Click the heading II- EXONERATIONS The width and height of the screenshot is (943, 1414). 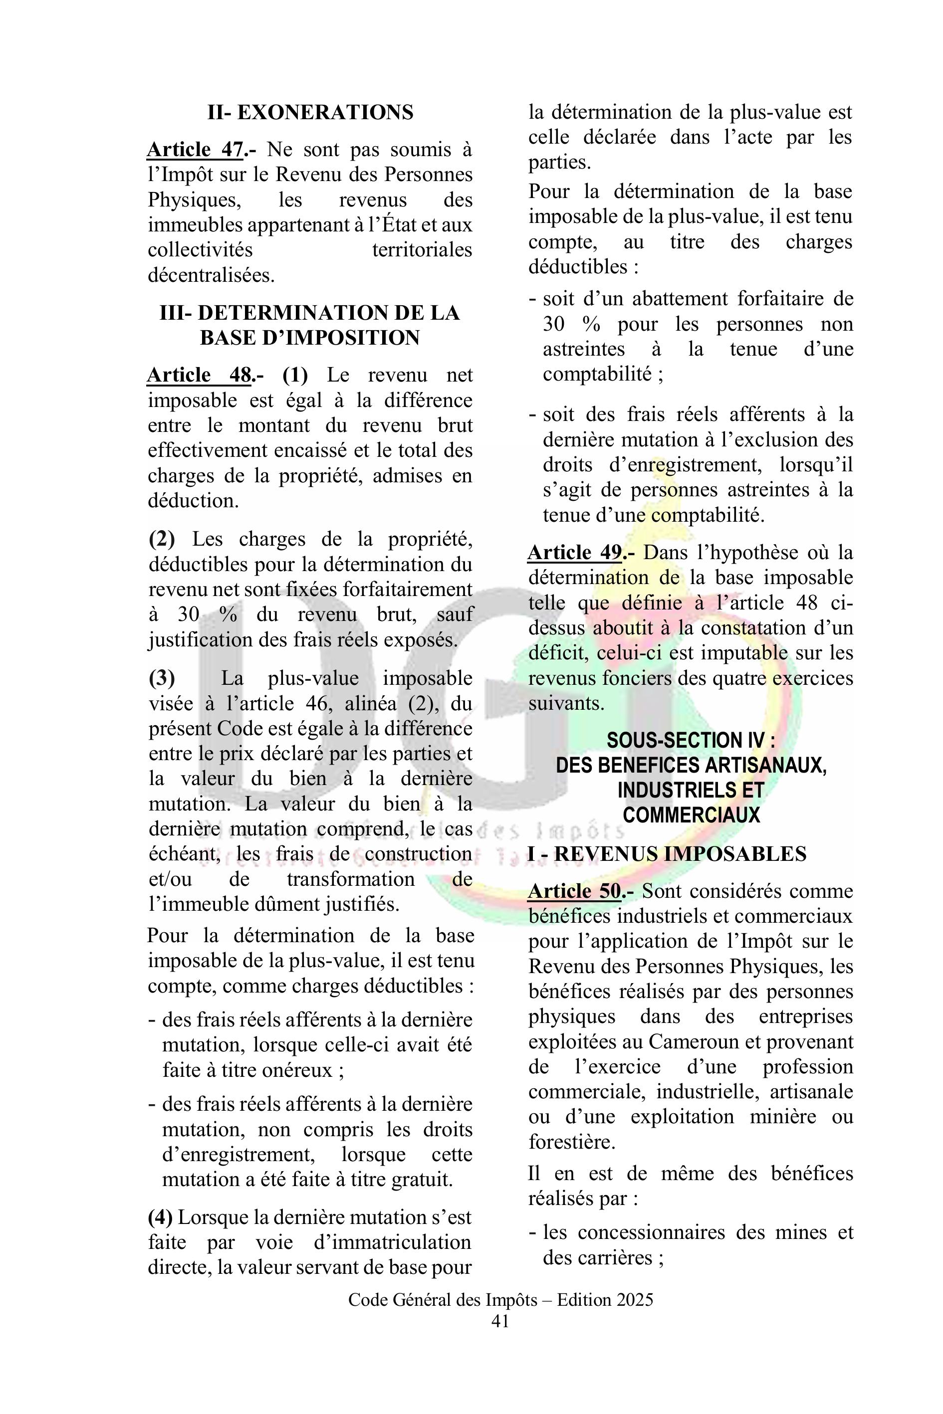point(310,112)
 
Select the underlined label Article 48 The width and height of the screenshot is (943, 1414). point(199,375)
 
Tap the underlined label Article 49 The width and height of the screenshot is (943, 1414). point(575,553)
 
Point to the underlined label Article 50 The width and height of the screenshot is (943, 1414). point(574,891)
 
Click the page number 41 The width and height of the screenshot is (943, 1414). point(500,1321)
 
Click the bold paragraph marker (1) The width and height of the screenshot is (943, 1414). point(295,375)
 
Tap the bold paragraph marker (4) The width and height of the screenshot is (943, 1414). point(160,1217)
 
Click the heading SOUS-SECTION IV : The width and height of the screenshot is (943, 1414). point(691,740)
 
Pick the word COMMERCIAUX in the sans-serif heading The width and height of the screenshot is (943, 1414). point(691,815)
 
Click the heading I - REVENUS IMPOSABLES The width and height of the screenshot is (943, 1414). point(667,854)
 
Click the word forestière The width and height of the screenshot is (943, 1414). point(571,1141)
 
